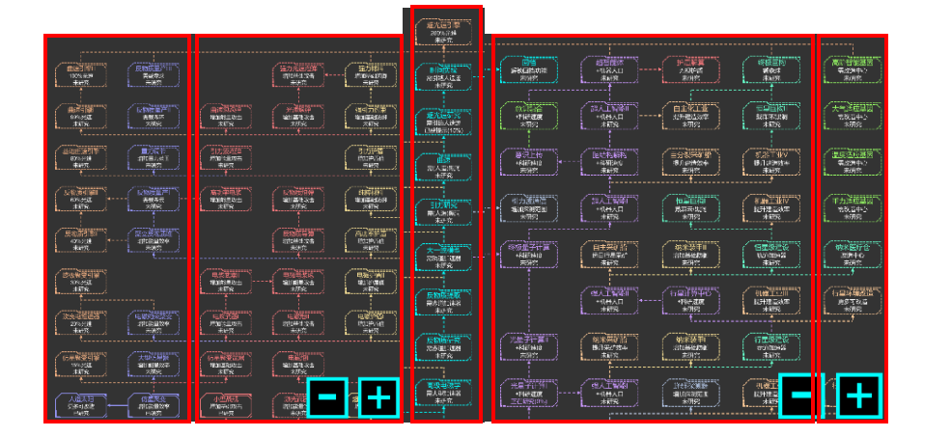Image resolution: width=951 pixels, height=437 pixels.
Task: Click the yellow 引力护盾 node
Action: click(x=370, y=158)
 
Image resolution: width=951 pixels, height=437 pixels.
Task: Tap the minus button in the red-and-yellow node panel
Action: click(x=327, y=396)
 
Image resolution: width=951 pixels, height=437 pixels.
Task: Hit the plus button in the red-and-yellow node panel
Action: click(x=379, y=396)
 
